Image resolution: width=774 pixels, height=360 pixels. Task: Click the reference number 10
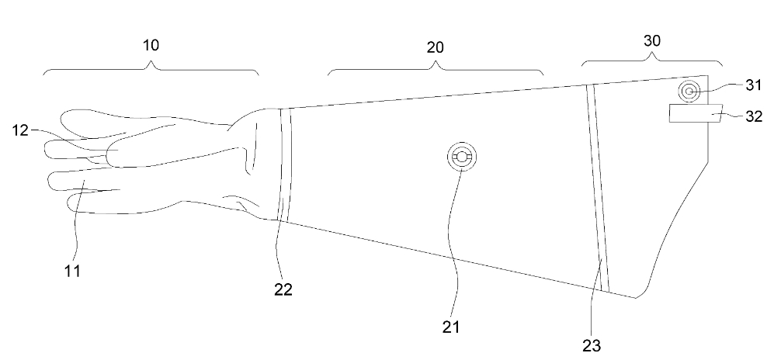coord(151,45)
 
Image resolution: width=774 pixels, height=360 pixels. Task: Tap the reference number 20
coord(435,47)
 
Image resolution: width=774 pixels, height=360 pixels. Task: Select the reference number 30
coord(651,41)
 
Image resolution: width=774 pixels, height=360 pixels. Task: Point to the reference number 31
coord(753,86)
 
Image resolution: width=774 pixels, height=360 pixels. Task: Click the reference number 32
coord(753,116)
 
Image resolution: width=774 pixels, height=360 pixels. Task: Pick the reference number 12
coord(21,130)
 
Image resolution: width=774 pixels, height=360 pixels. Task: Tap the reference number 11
coord(72,270)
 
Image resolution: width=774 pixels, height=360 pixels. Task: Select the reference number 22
coord(283,289)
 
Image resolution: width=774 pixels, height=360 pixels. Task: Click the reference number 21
coord(451,327)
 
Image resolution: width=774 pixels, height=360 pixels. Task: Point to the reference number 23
coord(592,346)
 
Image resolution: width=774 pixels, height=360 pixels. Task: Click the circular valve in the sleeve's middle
coord(462,157)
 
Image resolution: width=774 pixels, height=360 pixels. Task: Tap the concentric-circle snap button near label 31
coord(689,92)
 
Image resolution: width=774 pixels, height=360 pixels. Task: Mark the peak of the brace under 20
coord(436,63)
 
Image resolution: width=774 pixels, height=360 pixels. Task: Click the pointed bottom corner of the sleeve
coord(636,298)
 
